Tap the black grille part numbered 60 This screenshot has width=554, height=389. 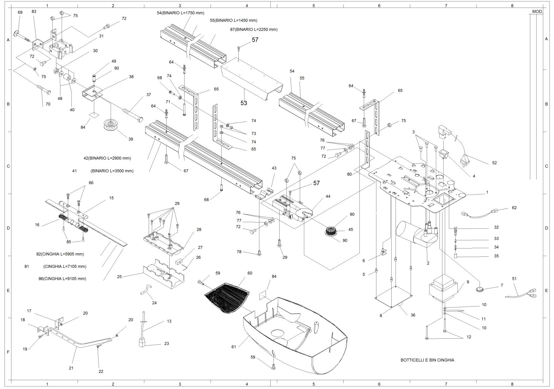point(227,297)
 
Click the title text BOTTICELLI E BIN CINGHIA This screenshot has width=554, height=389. point(427,360)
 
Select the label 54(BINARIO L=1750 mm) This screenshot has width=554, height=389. point(180,13)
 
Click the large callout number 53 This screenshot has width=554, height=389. point(244,103)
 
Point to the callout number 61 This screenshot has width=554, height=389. point(234,347)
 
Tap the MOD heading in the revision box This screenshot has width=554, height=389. point(537,11)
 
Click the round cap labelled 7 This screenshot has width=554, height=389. point(480,289)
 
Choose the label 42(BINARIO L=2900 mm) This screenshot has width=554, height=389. point(107,158)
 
